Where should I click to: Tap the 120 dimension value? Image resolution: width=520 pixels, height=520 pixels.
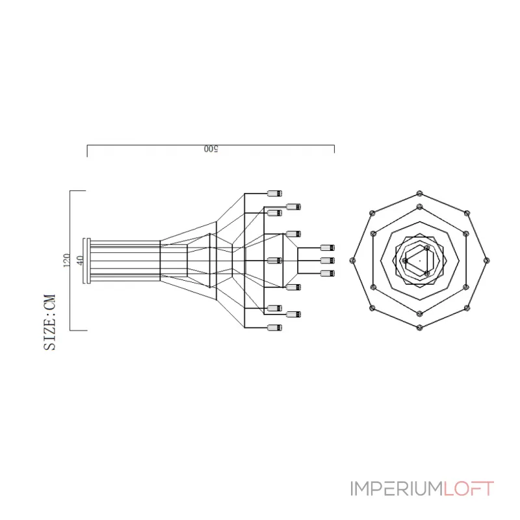point(66,261)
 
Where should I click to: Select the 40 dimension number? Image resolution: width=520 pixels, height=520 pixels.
point(80,260)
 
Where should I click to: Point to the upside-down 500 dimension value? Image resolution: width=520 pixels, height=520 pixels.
point(210,149)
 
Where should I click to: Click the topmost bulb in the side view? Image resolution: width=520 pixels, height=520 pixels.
point(275,193)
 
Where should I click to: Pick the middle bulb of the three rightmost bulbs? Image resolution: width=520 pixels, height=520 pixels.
point(328,261)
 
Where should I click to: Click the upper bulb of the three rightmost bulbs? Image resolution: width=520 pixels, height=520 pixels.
point(328,248)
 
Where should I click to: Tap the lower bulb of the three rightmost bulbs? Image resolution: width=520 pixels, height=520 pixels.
point(328,273)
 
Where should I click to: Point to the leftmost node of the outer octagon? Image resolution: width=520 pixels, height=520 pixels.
point(352,260)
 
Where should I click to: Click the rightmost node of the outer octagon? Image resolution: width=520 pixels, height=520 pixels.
point(487,260)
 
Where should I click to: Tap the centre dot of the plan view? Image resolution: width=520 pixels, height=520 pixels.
point(419,260)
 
